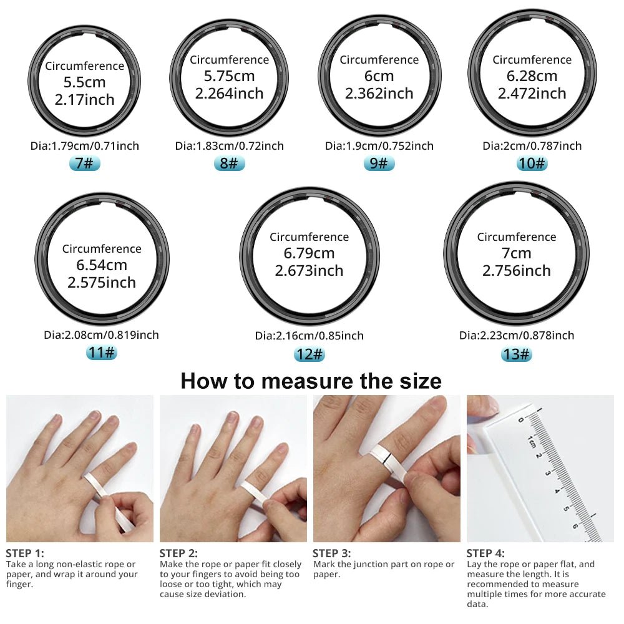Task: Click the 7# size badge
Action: (84, 164)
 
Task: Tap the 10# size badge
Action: (532, 164)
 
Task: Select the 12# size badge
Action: (310, 354)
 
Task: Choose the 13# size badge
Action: (516, 354)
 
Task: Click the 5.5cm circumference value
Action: (84, 82)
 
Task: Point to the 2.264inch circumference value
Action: (229, 94)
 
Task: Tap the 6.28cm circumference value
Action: (532, 76)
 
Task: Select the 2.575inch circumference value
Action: (102, 282)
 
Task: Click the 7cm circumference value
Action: (516, 253)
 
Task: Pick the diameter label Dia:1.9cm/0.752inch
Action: (379, 146)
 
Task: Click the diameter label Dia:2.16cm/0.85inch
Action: (309, 336)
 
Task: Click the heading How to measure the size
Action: (311, 381)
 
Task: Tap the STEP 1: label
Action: (25, 553)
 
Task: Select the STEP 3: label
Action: (331, 553)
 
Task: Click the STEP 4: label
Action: (486, 553)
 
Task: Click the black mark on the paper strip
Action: (388, 462)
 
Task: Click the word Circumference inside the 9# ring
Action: (379, 60)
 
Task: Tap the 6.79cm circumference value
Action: (310, 253)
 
